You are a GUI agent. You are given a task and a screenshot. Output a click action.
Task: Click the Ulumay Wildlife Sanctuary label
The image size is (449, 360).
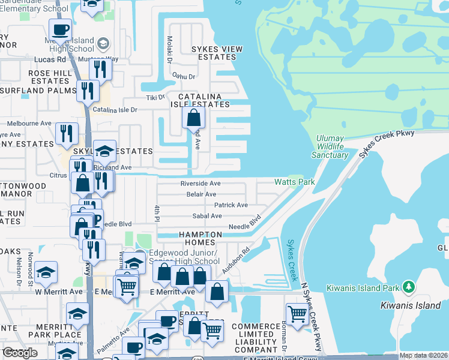(x=330, y=147)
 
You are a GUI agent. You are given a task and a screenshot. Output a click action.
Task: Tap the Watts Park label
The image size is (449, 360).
(x=294, y=181)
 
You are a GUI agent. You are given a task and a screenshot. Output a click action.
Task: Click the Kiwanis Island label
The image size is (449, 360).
(x=411, y=305)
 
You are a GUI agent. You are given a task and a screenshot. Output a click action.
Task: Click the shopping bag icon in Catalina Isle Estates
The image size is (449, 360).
(x=193, y=118)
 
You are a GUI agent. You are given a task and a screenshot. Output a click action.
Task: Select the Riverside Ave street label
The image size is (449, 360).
(x=200, y=183)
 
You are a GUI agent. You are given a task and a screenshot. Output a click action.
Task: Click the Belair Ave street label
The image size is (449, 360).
(x=201, y=194)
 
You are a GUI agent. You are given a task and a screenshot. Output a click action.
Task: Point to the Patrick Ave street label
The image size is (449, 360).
(x=231, y=205)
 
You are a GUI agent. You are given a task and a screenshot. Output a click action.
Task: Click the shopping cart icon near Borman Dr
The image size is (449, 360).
(x=297, y=313)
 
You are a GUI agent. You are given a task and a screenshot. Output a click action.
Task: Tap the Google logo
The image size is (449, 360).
(x=20, y=353)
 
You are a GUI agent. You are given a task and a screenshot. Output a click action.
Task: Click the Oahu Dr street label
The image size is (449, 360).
(x=184, y=76)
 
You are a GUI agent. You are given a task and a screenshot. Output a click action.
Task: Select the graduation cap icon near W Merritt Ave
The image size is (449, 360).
(x=46, y=272)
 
